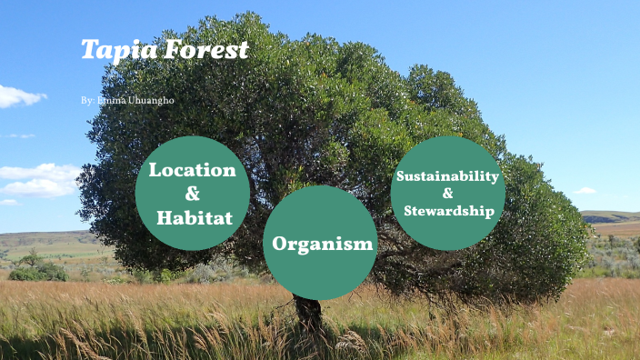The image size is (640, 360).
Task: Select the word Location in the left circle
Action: pyautogui.click(x=192, y=170)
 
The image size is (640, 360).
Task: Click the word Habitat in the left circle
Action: pyautogui.click(x=194, y=217)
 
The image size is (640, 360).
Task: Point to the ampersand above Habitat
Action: pyautogui.click(x=192, y=194)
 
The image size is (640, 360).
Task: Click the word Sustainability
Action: pyautogui.click(x=447, y=175)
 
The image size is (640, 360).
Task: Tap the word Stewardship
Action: pyautogui.click(x=450, y=211)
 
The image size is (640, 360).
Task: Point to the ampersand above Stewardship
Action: pyautogui.click(x=447, y=193)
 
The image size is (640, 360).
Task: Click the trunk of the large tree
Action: pyautogui.click(x=309, y=314)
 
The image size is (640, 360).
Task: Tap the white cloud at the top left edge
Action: pyautogui.click(x=18, y=95)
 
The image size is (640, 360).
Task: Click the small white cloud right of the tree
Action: pyautogui.click(x=585, y=191)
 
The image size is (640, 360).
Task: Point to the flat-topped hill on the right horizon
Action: pyautogui.click(x=609, y=216)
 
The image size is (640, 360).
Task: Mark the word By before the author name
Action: pyautogui.click(x=86, y=100)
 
